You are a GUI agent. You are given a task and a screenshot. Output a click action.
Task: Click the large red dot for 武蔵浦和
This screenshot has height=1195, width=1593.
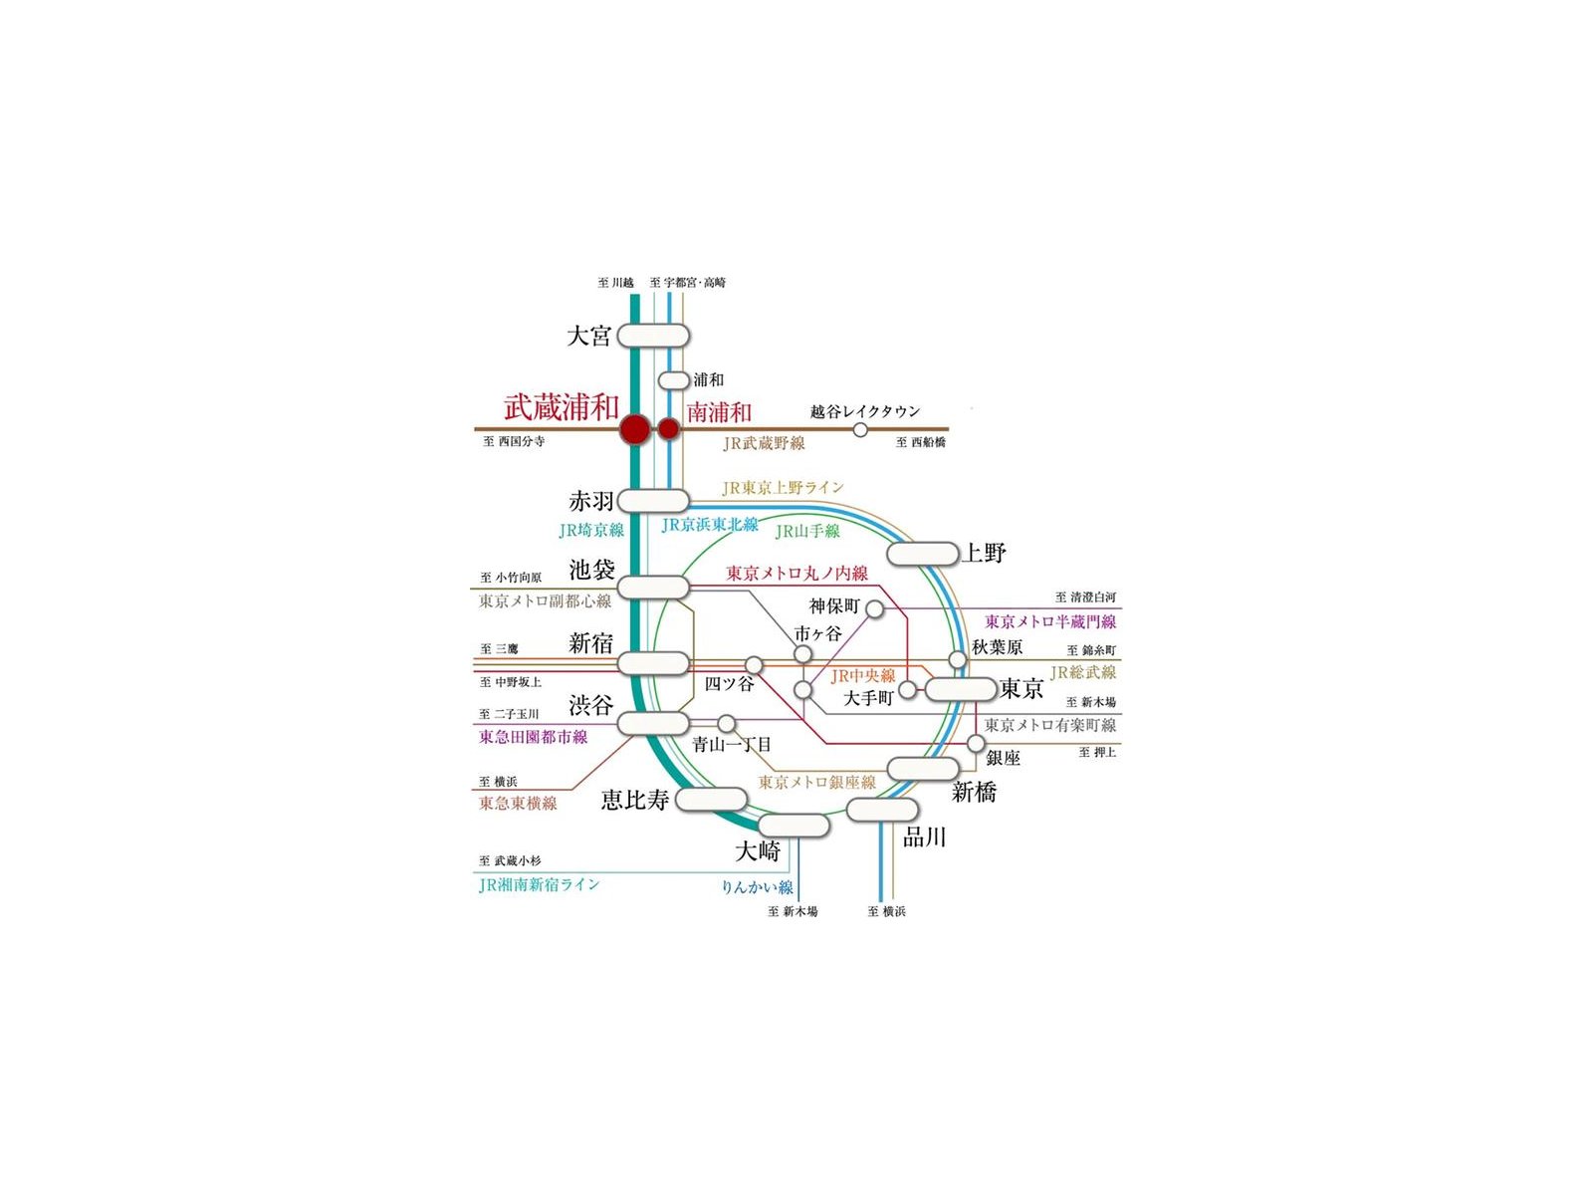click(x=635, y=429)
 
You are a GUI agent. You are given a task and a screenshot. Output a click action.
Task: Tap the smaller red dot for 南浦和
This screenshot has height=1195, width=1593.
click(x=668, y=429)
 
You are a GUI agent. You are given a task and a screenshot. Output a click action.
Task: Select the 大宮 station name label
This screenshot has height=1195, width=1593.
click(x=588, y=336)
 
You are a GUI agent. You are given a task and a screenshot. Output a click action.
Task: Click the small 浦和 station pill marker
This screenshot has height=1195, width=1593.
click(x=673, y=380)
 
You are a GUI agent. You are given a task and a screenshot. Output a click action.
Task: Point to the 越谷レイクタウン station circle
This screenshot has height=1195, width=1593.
click(x=860, y=429)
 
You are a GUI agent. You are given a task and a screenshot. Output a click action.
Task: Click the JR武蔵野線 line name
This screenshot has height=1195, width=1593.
click(x=765, y=443)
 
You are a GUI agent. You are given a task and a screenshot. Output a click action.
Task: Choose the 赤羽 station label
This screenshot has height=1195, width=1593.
click(x=591, y=501)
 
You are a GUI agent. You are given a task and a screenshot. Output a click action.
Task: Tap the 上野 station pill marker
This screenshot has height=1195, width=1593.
click(x=922, y=554)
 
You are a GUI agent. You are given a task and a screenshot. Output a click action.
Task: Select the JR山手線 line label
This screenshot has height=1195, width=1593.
click(x=807, y=531)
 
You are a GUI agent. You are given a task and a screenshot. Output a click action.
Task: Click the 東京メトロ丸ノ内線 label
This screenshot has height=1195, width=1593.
click(x=796, y=574)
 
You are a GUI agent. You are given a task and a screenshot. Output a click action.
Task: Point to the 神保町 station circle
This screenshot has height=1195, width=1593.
click(x=875, y=608)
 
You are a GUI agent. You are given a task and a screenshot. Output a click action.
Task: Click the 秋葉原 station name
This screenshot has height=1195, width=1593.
click(x=998, y=647)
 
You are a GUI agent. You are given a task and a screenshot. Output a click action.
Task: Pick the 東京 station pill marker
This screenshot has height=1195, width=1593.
click(x=961, y=688)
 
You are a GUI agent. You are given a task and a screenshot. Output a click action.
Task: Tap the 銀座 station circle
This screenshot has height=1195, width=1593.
click(x=976, y=743)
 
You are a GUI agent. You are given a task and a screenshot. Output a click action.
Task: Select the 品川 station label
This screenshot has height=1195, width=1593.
click(x=925, y=838)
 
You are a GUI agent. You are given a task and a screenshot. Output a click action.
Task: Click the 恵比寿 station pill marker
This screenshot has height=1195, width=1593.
click(x=711, y=799)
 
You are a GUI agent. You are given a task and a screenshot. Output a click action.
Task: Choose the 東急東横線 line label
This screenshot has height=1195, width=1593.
click(x=518, y=804)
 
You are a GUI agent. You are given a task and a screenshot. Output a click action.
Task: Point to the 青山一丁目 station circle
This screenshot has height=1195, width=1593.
click(x=727, y=723)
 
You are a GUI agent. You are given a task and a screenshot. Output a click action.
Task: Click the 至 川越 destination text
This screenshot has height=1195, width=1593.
click(x=615, y=282)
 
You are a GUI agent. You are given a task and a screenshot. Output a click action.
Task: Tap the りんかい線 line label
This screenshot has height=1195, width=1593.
click(x=757, y=886)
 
